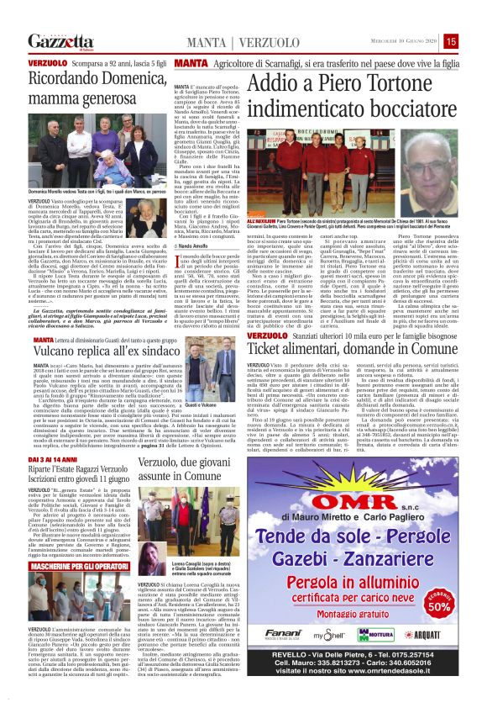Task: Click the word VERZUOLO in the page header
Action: (245, 42)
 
